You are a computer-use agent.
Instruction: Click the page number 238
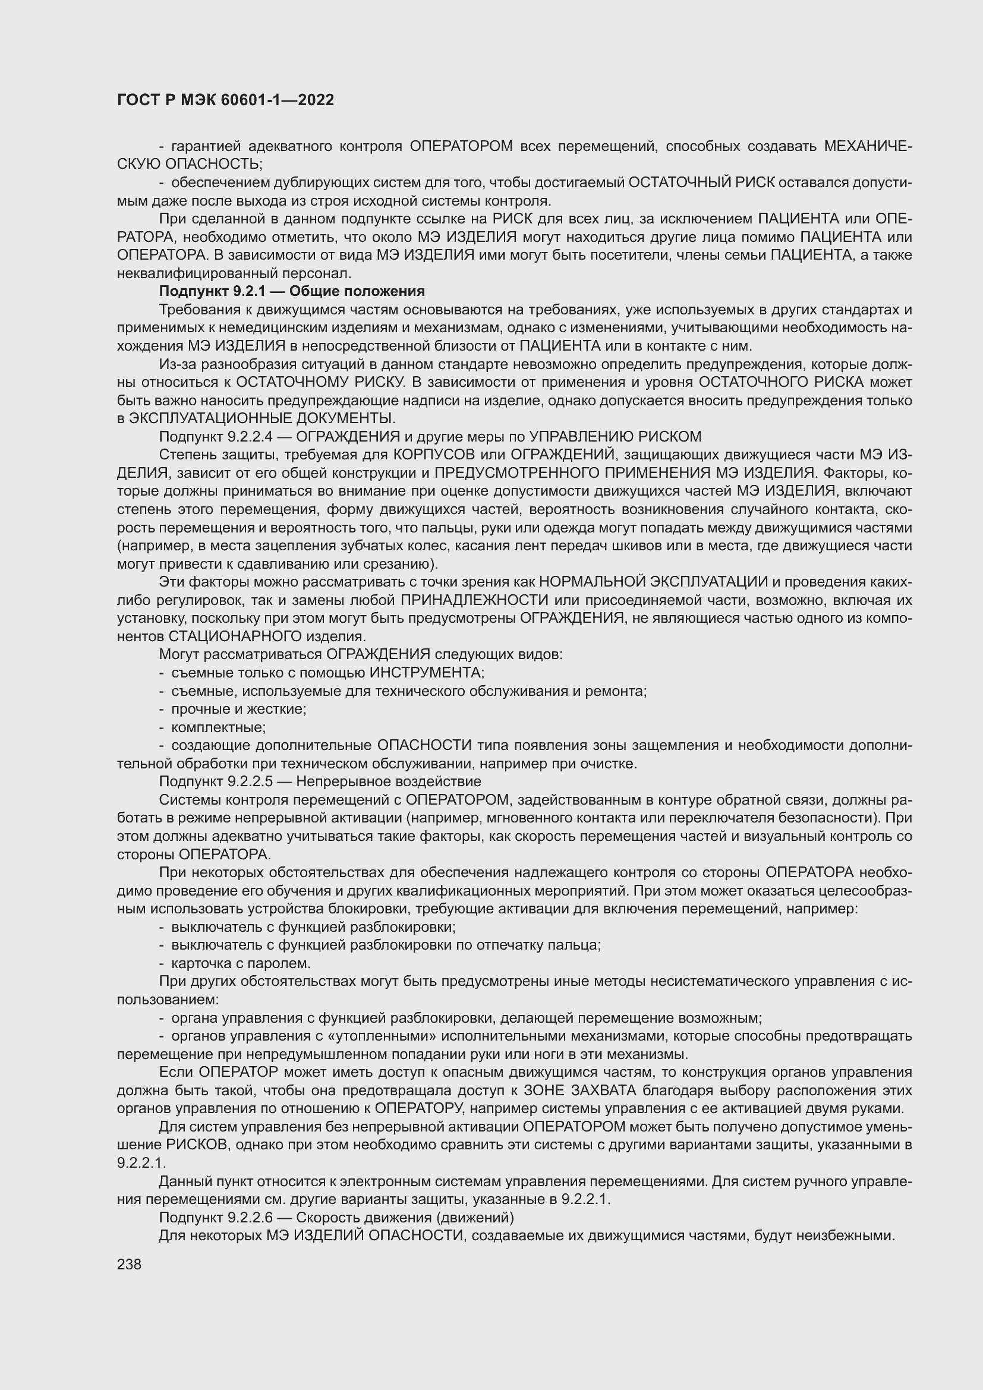[129, 1264]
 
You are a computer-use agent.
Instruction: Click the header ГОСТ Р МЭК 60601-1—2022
[225, 100]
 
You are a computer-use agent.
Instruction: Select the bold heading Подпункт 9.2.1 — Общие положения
[292, 291]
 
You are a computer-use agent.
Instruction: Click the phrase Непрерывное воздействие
[388, 781]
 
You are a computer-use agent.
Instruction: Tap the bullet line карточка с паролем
[241, 963]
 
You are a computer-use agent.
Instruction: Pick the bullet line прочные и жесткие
[238, 709]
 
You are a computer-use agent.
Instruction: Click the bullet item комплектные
[219, 727]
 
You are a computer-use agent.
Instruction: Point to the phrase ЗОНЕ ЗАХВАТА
[579, 1090]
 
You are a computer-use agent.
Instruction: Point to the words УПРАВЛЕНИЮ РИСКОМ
[615, 437]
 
